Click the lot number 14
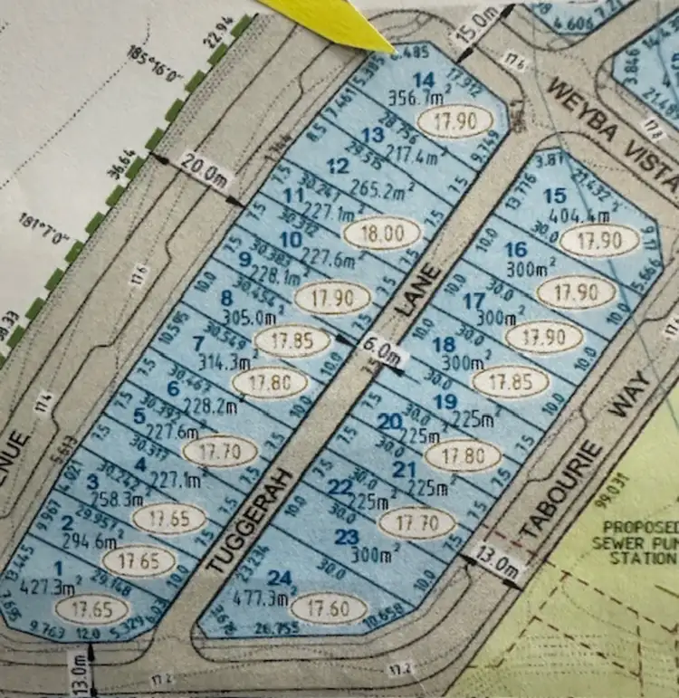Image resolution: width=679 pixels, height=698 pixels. pos(416,78)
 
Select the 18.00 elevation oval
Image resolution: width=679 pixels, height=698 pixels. pos(383,233)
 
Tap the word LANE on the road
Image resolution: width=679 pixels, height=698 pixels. pos(418,291)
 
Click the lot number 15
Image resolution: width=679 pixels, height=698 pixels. pos(556,196)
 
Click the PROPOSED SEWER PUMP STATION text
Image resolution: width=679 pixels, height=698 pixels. pos(640,542)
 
